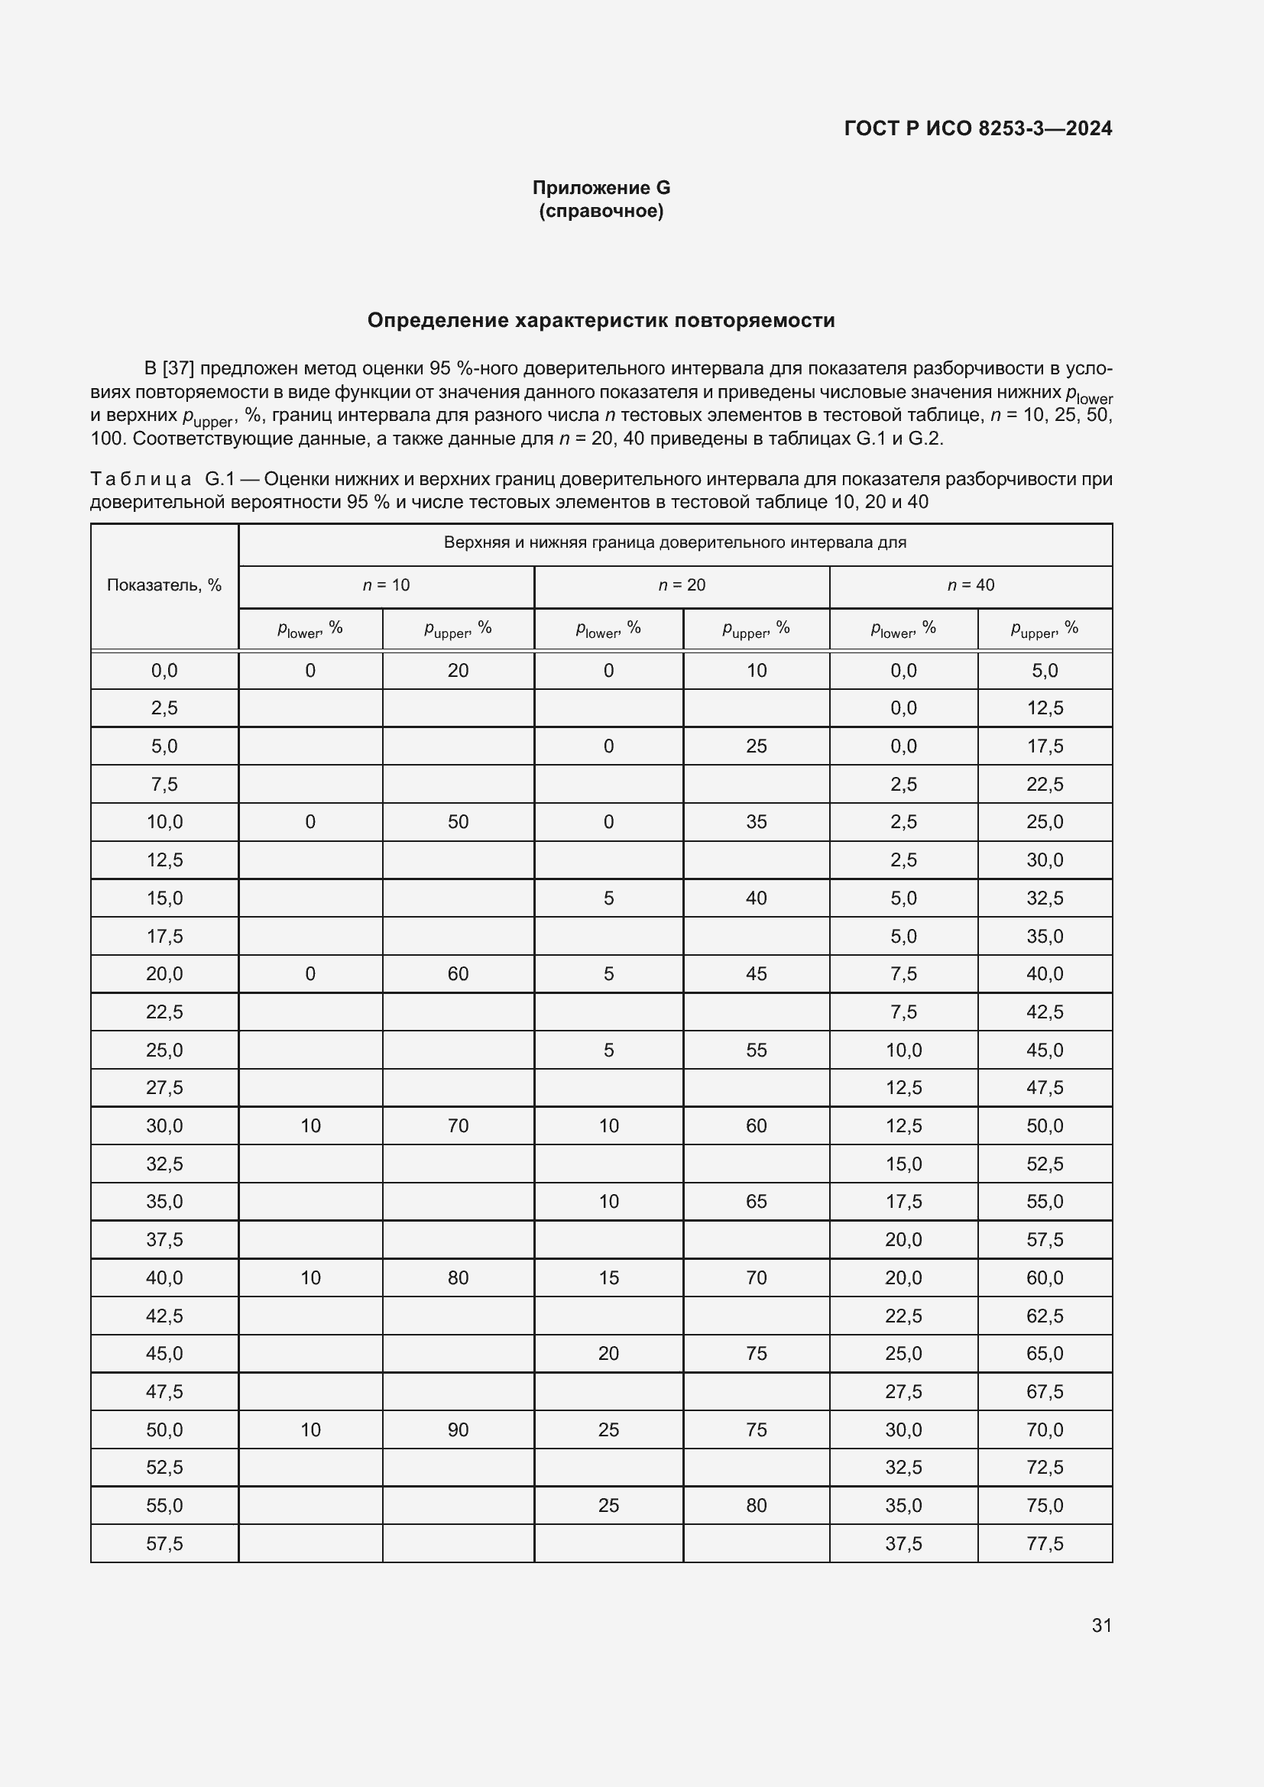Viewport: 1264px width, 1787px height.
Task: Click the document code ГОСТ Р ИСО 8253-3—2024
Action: pos(977,128)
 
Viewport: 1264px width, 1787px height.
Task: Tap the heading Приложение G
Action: pos(601,188)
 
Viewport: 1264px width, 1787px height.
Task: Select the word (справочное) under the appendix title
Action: pos(601,211)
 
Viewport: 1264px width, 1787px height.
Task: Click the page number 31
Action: pos(1101,1625)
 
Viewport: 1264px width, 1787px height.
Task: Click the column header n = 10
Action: pos(386,585)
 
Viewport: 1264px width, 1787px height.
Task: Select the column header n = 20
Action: pos(682,585)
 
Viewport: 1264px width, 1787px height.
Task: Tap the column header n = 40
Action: pos(971,585)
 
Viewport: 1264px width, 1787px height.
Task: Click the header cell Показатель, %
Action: pos(164,585)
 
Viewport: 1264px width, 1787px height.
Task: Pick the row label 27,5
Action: pos(164,1087)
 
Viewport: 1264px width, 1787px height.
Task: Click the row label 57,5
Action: pos(164,1543)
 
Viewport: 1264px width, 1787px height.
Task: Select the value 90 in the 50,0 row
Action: pos(458,1429)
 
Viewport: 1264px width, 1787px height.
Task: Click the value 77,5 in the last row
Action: pos(1045,1543)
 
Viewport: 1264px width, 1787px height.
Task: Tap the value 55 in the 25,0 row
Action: pos(756,1050)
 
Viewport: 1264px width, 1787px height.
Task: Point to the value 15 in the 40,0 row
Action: pos(608,1277)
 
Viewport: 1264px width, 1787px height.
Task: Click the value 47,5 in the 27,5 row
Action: pos(1045,1087)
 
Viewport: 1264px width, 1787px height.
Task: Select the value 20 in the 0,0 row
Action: pos(458,670)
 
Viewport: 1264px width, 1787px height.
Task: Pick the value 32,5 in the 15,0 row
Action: pos(1045,898)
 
